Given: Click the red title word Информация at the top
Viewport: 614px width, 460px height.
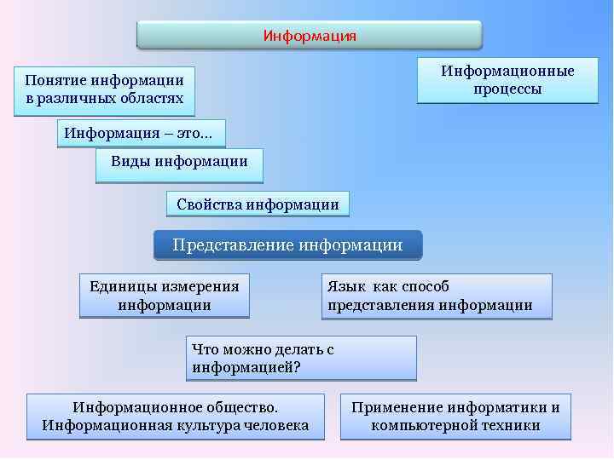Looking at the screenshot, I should point(310,36).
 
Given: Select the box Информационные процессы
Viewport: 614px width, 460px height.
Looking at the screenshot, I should point(507,80).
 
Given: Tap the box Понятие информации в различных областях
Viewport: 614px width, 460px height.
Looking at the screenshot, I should point(104,90).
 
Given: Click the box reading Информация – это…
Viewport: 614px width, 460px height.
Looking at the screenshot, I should point(141,133).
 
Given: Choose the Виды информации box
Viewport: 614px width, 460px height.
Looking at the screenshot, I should point(179,164).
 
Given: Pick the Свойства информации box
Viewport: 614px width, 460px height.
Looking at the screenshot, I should point(258,204).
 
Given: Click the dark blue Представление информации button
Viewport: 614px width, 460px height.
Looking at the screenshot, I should point(287,245).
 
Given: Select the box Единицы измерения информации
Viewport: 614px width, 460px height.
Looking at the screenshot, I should point(165,296).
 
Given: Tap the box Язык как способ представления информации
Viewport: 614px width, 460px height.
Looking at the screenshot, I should point(436,296).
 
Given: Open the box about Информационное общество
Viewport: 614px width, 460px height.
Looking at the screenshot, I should point(176,417).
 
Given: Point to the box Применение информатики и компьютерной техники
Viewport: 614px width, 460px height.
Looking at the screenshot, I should point(455,417).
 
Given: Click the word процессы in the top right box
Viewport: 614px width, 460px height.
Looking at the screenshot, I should point(507,89).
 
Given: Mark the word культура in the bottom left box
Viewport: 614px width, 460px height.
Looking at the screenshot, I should point(217,425).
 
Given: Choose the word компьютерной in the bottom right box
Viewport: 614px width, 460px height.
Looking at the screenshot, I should point(420,425).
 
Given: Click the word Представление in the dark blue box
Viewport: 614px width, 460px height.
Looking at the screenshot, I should point(233,245).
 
